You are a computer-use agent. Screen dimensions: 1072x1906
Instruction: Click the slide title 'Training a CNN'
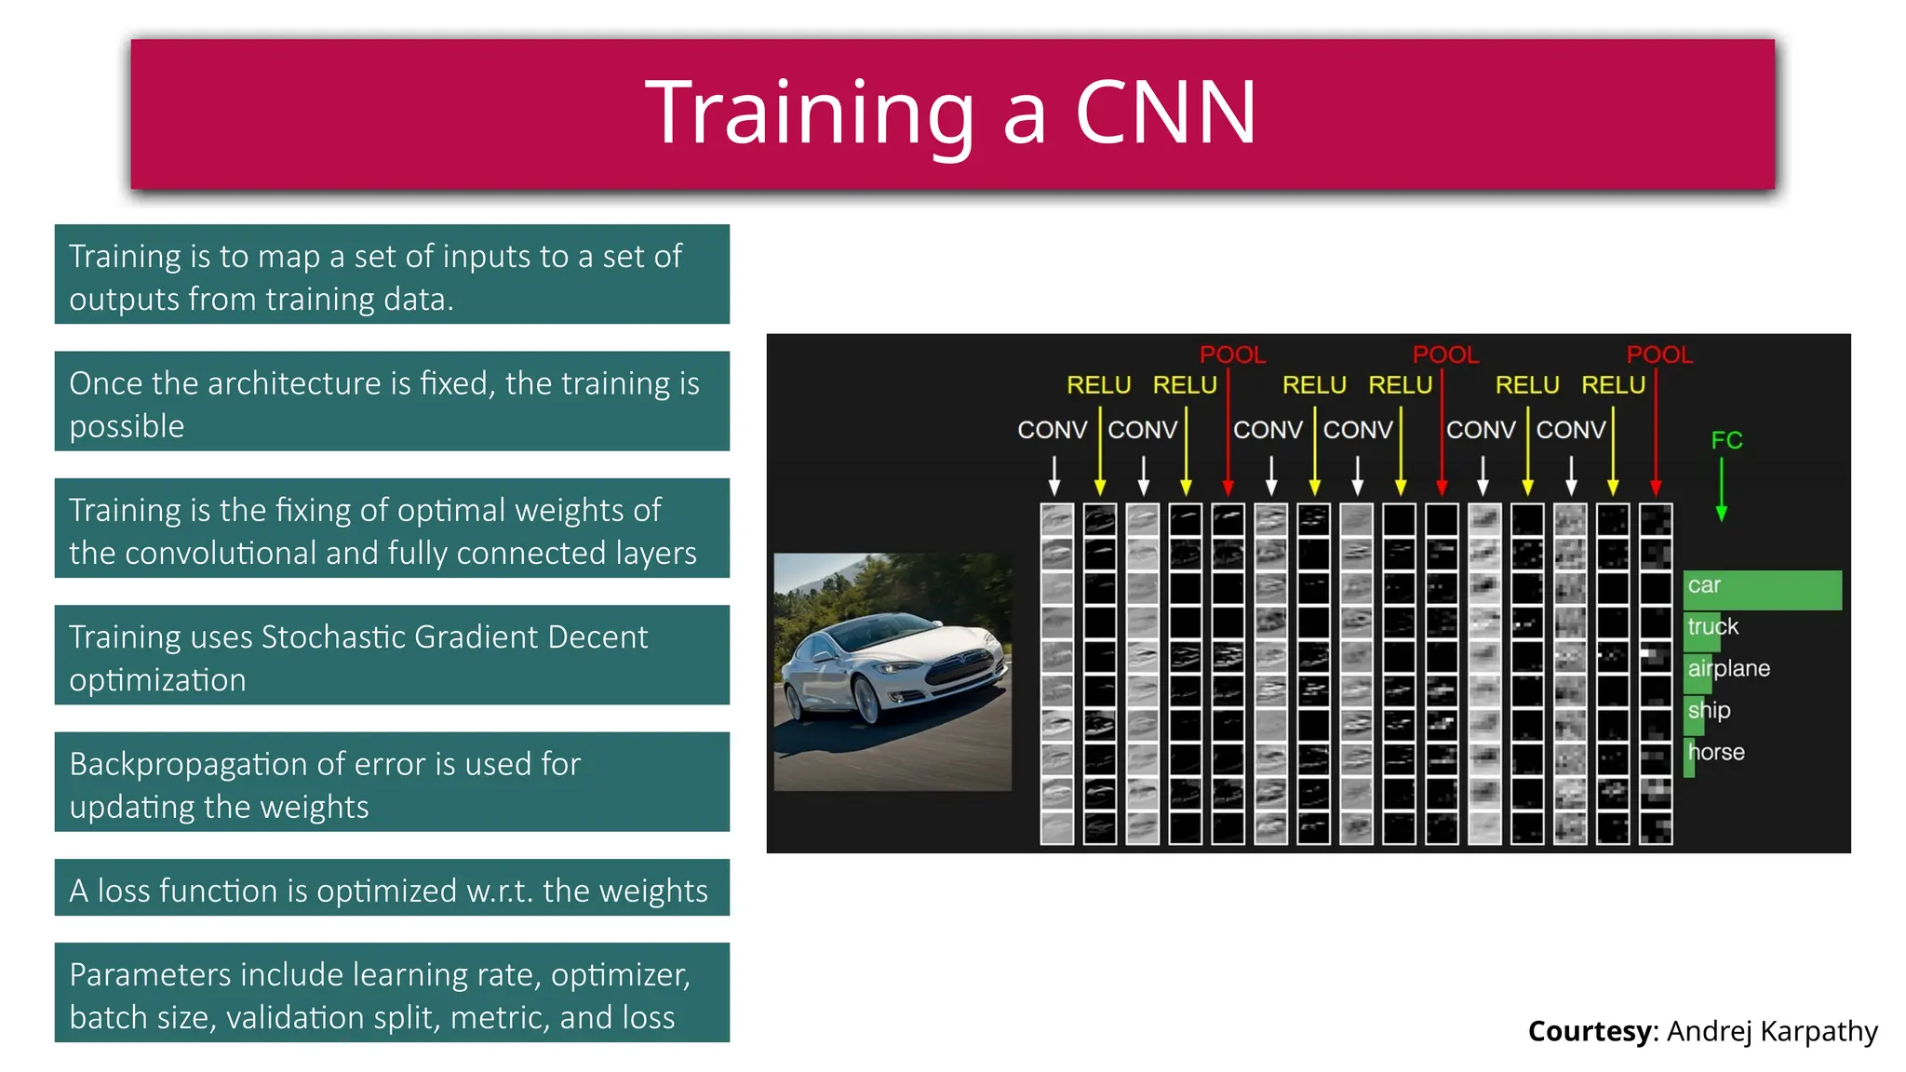(950, 113)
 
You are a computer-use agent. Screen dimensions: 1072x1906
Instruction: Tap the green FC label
(1726, 440)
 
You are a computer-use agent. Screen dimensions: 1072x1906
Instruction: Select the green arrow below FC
(1721, 489)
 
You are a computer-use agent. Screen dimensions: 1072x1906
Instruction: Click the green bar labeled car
(1762, 590)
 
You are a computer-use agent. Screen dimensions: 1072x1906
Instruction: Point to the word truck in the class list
(1712, 626)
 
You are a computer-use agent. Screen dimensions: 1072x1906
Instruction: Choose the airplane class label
(1728, 668)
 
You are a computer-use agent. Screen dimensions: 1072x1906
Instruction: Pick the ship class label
(1709, 710)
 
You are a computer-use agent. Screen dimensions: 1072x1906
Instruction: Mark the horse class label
(1716, 752)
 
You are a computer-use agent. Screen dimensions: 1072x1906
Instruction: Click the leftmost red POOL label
(1232, 355)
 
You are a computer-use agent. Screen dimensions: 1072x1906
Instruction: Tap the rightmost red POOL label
(1658, 355)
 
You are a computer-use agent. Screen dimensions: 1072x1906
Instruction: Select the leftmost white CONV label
(1052, 430)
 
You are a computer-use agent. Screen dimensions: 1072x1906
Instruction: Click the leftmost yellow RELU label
(1098, 385)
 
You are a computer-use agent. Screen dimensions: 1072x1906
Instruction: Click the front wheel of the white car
(867, 698)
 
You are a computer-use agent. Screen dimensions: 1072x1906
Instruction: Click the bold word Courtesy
(1590, 1031)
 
